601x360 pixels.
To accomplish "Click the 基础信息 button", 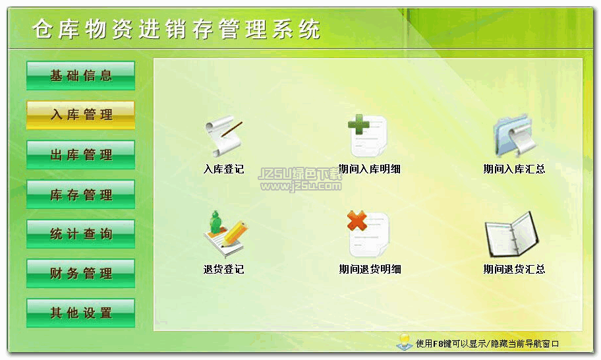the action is coord(80,76).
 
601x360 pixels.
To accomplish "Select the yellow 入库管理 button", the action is coord(80,115).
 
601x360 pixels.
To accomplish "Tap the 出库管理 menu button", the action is coord(80,155).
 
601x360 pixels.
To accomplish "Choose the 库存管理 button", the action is coord(80,195).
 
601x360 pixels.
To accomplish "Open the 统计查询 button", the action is coord(80,234).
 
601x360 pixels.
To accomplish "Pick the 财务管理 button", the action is coord(80,274).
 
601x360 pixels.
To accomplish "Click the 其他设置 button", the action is coord(80,313).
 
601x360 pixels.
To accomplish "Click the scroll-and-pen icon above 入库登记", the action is coord(224,136).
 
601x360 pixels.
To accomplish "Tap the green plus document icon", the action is coord(368,136).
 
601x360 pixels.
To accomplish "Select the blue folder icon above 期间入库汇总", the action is coord(514,136).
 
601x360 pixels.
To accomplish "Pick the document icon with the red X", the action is coord(368,234).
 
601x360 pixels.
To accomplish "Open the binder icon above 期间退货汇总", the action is coord(513,235).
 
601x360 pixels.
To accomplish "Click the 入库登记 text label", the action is coord(224,169).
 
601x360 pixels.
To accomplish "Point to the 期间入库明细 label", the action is coord(370,169).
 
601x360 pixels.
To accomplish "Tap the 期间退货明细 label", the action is coord(370,269).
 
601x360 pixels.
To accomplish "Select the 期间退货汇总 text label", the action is coord(514,269).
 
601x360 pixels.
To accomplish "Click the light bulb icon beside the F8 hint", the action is coord(404,342).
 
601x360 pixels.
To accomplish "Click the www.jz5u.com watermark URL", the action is coord(301,187).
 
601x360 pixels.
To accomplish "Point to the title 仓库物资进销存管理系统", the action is coord(177,29).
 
